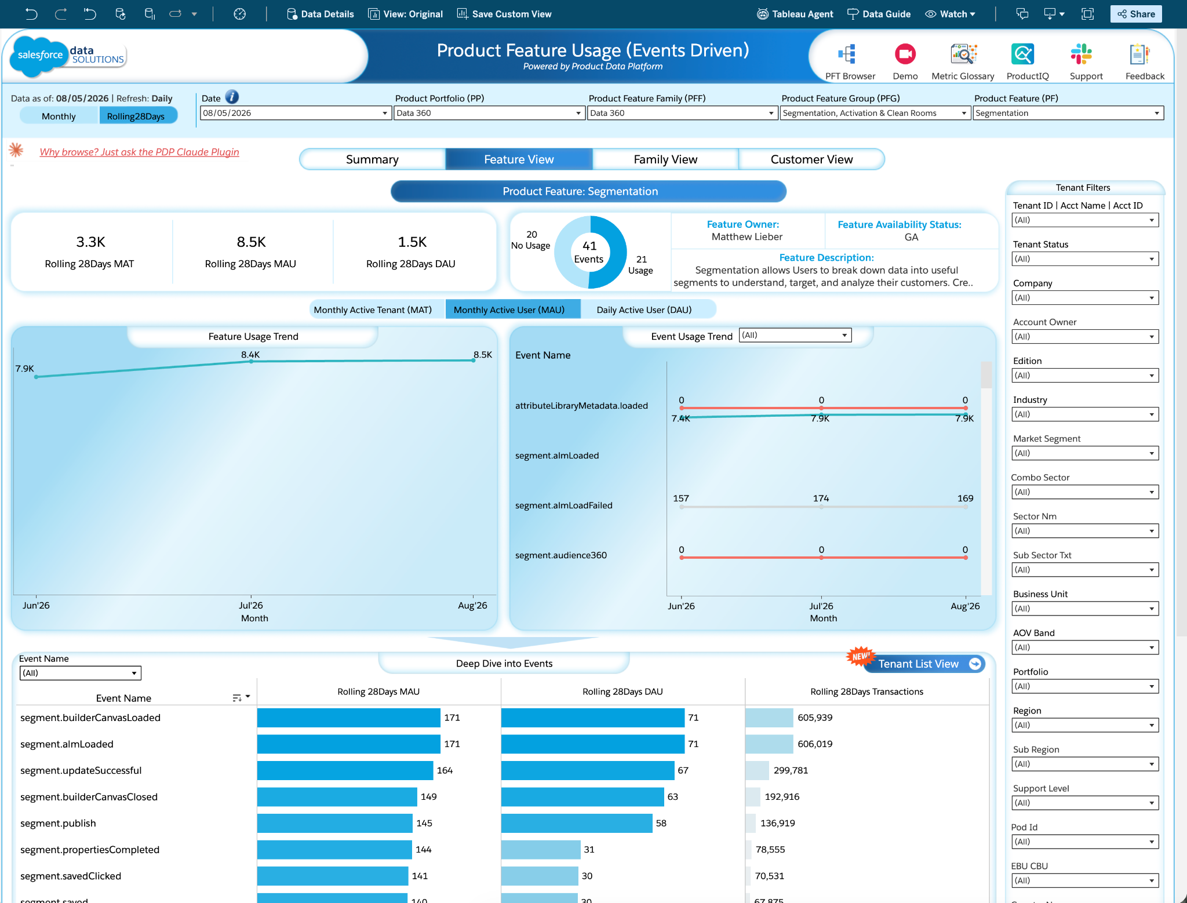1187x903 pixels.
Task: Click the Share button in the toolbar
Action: [1136, 14]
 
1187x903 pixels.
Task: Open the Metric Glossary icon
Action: [963, 54]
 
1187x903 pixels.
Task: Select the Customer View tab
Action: [811, 159]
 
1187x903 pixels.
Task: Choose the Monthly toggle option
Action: [59, 116]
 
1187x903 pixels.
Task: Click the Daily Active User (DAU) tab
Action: [644, 310]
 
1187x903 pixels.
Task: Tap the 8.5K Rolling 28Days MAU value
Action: [251, 242]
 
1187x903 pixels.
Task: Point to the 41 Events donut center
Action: [589, 252]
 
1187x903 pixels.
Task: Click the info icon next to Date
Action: [232, 97]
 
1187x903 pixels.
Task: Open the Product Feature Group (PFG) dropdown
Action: [875, 113]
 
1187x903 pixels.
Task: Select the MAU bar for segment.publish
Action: [335, 823]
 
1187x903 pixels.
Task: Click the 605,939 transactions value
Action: [815, 718]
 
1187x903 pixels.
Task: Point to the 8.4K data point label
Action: [250, 354]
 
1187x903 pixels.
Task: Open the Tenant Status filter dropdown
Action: [1084, 259]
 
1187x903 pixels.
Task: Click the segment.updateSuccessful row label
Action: [81, 770]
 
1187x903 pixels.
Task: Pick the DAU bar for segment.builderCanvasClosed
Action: [582, 797]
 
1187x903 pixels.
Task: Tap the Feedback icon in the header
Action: [1139, 54]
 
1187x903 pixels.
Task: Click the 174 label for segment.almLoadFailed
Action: [821, 498]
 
